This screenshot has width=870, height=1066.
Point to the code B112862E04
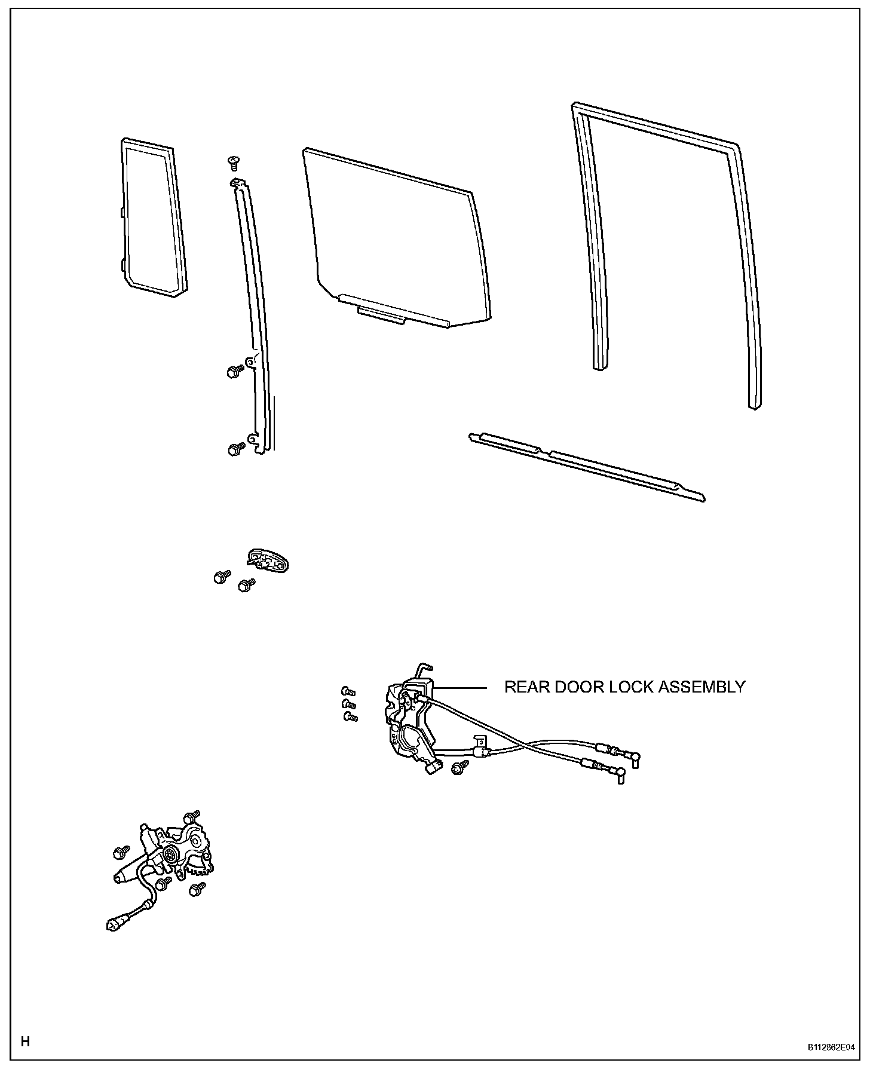point(831,1047)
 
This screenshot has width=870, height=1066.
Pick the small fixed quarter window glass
point(153,218)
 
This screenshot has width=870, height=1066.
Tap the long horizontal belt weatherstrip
point(586,467)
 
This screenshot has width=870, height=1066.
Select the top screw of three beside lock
point(348,691)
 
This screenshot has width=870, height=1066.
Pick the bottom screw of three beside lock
point(350,716)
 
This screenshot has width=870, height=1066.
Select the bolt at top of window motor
point(192,816)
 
